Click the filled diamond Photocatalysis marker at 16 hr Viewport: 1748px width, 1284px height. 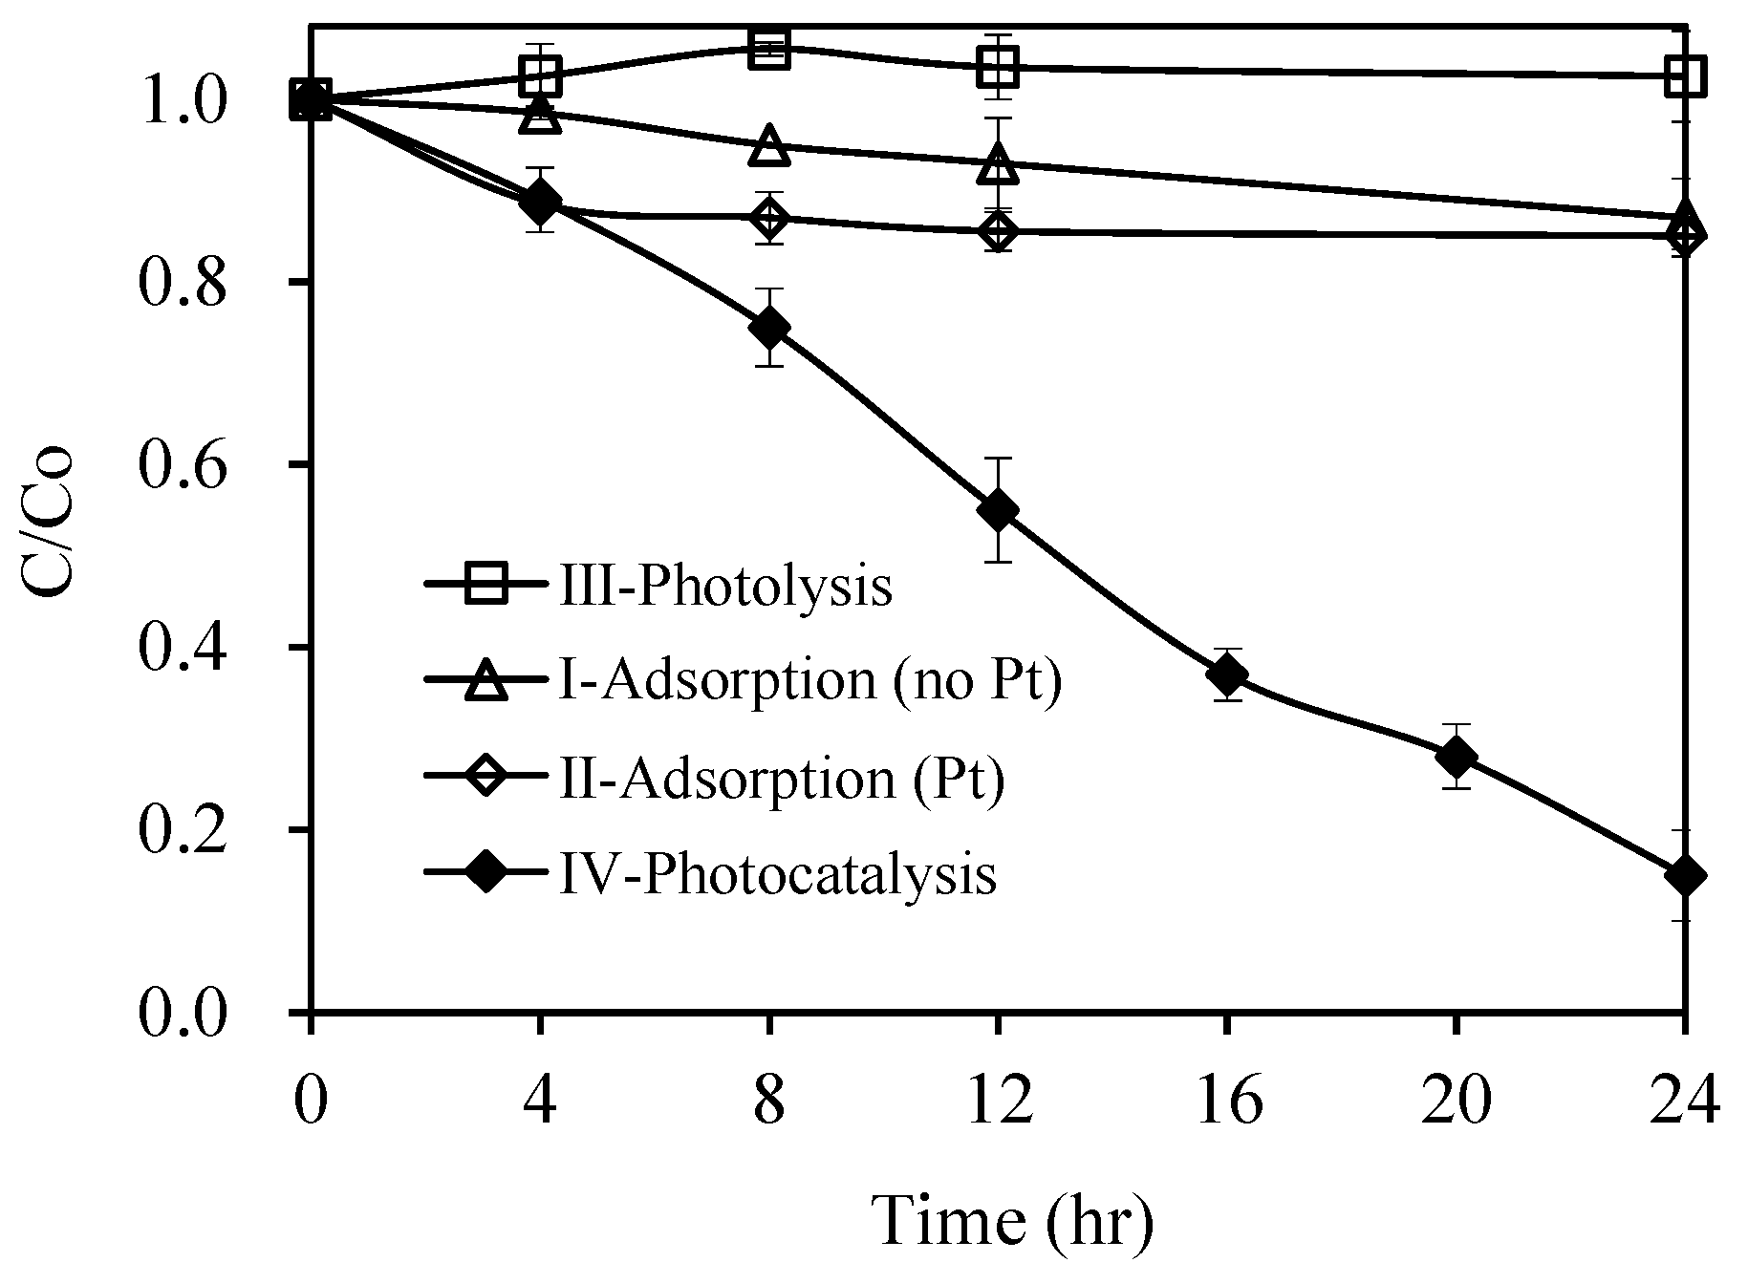click(1226, 674)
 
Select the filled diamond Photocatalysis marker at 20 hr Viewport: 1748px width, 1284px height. click(1456, 757)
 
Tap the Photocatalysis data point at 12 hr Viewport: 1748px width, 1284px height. click(998, 511)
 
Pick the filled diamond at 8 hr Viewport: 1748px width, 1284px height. click(769, 328)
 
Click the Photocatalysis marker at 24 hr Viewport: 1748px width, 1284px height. click(1684, 876)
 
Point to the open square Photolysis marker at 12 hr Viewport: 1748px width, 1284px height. click(998, 67)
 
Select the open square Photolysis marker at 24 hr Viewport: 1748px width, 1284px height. click(1684, 75)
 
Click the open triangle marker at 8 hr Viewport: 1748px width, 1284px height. click(769, 146)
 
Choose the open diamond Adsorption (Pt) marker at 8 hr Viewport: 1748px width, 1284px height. click(769, 219)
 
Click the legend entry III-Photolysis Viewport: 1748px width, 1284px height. click(724, 586)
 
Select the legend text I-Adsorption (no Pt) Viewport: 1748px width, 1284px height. click(809, 682)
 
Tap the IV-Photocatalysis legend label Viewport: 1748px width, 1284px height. click(776, 874)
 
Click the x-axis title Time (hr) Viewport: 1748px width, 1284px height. click(1013, 1222)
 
